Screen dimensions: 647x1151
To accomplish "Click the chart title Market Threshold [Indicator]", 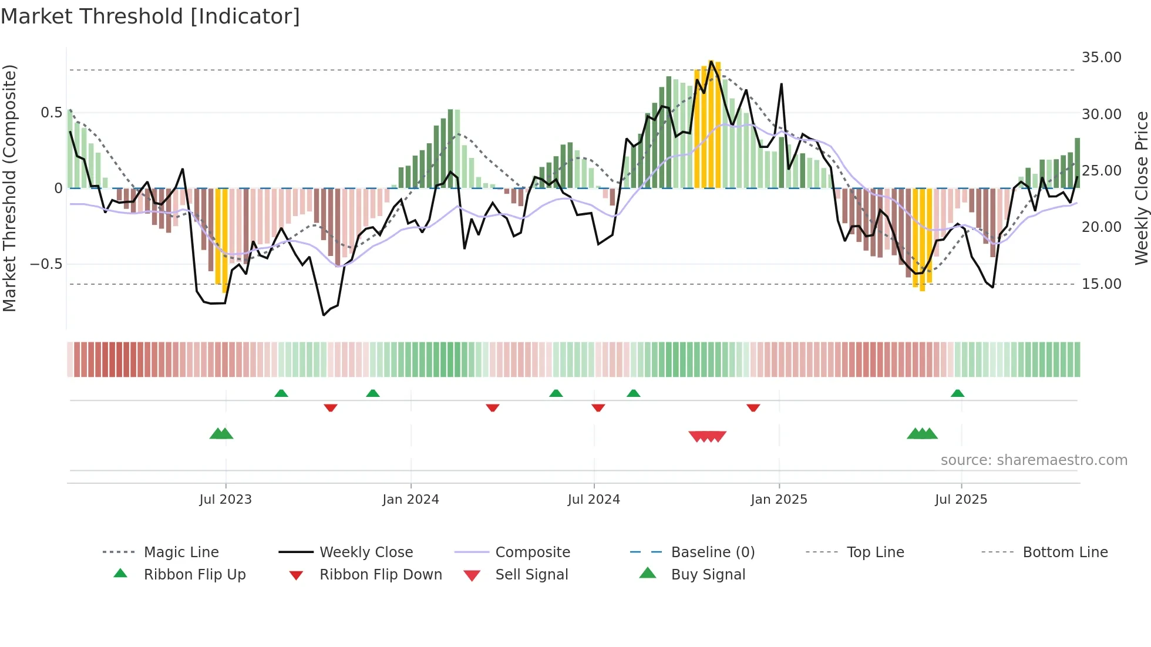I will (150, 16).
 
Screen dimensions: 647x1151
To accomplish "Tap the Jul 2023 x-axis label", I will (226, 500).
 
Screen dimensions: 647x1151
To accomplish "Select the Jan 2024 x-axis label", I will (410, 500).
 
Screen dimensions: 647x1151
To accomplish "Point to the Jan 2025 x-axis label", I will (779, 500).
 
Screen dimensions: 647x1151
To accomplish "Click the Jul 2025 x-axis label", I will (961, 500).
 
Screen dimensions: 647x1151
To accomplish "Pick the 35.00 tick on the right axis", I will (1101, 58).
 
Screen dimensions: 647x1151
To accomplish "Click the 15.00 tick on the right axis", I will (1101, 284).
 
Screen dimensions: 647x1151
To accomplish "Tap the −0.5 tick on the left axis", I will (46, 264).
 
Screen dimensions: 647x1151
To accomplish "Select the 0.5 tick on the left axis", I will (51, 113).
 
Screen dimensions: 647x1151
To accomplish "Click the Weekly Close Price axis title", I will (1140, 188).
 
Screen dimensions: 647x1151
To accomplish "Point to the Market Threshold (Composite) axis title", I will (10, 188).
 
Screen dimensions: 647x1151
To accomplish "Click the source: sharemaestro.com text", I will (1034, 460).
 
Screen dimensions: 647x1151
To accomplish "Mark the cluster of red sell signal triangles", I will (708, 436).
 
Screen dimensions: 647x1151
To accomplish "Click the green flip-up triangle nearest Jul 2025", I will (957, 393).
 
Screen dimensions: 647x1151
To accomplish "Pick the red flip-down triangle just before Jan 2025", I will (753, 407).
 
